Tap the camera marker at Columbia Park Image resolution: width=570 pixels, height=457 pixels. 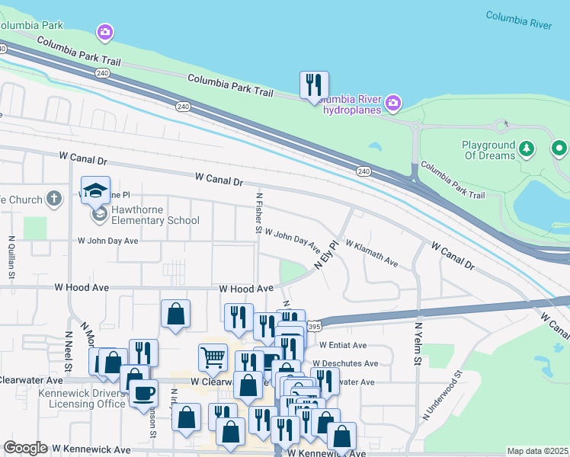pyautogui.click(x=104, y=32)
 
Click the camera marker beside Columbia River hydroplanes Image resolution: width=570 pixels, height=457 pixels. pyautogui.click(x=393, y=102)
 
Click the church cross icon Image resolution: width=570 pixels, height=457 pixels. pyautogui.click(x=53, y=199)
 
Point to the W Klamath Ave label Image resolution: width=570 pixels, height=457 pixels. pyautogui.click(x=372, y=254)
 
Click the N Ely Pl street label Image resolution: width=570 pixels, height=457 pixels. pyautogui.click(x=326, y=255)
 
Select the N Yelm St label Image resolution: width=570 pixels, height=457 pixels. pyautogui.click(x=418, y=344)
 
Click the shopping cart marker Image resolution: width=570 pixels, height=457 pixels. pyautogui.click(x=213, y=356)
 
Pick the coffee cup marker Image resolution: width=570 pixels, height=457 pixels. pyautogui.click(x=143, y=394)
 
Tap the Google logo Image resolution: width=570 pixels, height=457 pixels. pyautogui.click(x=25, y=448)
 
